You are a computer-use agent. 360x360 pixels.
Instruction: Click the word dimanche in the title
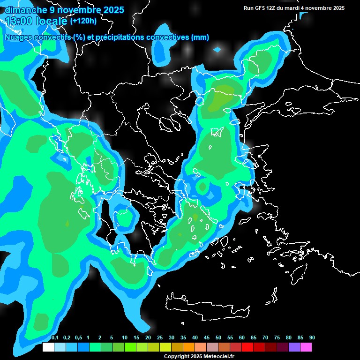tap(26, 9)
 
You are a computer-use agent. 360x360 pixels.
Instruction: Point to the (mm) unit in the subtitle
tap(200, 37)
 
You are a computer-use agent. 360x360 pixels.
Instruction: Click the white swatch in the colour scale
tap(48, 347)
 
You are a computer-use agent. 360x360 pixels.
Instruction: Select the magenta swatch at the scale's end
tap(306, 347)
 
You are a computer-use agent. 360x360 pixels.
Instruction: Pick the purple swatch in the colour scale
tap(294, 347)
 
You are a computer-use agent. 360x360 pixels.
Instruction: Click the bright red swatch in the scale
tap(247, 347)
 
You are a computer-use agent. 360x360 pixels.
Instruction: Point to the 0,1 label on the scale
tap(54, 338)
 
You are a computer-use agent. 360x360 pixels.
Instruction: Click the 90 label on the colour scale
tap(312, 338)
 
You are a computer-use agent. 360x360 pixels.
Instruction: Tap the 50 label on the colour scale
tap(218, 338)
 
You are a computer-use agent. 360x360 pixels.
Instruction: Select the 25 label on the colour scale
tap(160, 338)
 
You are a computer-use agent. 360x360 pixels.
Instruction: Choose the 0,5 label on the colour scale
tap(78, 338)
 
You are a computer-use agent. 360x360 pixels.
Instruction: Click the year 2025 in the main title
tap(113, 9)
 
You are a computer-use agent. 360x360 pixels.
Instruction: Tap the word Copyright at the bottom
tap(176, 357)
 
